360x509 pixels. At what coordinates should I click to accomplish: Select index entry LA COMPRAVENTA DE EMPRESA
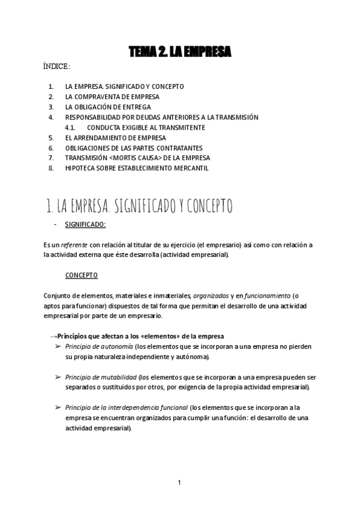(112, 97)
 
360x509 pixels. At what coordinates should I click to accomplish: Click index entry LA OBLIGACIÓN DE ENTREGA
(108, 107)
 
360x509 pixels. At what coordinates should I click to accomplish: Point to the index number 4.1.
(70, 128)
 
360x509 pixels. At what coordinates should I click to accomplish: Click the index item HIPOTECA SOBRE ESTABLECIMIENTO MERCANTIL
(137, 169)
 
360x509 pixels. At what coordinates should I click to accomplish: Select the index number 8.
(51, 169)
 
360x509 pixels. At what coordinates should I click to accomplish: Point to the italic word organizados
(211, 296)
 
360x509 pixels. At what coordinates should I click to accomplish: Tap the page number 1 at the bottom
(179, 482)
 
